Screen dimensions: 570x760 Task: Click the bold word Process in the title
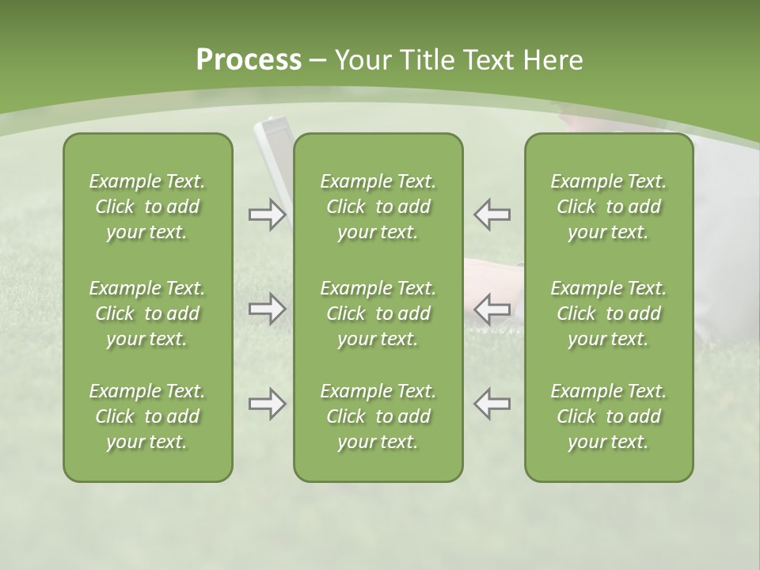click(x=249, y=60)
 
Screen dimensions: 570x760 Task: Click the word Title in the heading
click(x=425, y=60)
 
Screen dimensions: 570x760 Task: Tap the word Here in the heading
click(x=553, y=60)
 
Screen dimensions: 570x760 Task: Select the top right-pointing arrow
click(x=267, y=215)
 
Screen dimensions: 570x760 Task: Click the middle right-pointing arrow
click(x=267, y=309)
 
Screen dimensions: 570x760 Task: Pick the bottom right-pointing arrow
click(x=267, y=404)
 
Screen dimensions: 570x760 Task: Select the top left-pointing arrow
click(x=492, y=214)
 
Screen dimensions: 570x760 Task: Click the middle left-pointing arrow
click(x=492, y=309)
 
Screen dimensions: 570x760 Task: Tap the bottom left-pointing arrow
click(x=492, y=404)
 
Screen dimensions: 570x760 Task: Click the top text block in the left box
click(x=147, y=207)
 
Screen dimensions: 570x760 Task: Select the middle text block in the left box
click(x=147, y=313)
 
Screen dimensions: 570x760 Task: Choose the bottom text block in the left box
click(x=147, y=416)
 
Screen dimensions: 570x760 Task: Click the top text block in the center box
click(x=378, y=207)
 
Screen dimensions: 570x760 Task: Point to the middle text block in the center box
click(x=378, y=313)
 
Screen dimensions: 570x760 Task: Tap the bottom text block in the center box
click(x=378, y=416)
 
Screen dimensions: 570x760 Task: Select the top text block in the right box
click(x=608, y=207)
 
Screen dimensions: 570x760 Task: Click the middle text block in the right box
click(x=608, y=313)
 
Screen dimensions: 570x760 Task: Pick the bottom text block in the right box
click(x=608, y=416)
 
